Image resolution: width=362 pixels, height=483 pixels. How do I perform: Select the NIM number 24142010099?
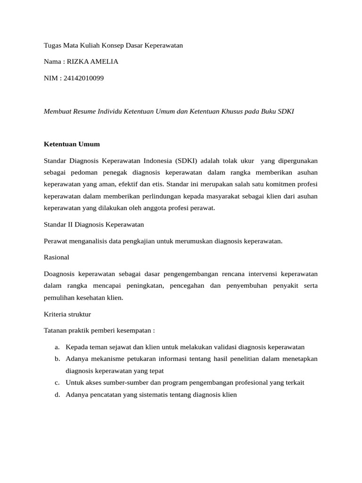point(83,78)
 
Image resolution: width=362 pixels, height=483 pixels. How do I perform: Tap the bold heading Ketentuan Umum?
point(72,144)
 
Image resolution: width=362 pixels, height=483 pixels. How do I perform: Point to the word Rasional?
point(56,257)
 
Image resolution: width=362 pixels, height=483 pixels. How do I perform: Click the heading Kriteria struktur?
point(67,314)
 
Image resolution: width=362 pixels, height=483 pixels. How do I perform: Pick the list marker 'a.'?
point(57,347)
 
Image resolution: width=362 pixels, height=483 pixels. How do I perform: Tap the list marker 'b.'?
point(57,359)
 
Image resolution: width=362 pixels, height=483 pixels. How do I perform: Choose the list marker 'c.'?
point(57,383)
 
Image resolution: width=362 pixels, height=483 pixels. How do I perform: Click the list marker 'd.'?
point(57,395)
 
